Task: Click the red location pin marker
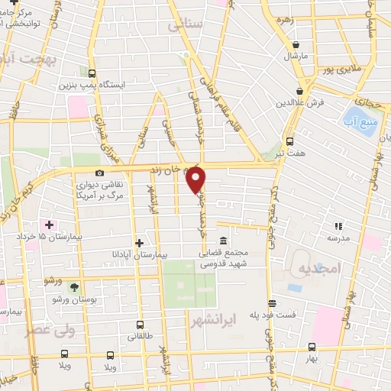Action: pos(196,179)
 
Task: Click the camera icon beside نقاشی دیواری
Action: pos(100,173)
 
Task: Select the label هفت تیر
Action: pos(291,153)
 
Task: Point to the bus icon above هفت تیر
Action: pos(289,141)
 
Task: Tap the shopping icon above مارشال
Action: pos(295,45)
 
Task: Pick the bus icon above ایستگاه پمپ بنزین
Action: pos(92,74)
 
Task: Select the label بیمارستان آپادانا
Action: pos(137,252)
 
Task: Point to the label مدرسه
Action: pos(339,238)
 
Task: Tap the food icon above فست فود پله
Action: pos(271,302)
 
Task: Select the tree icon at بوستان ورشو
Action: pos(73,287)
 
